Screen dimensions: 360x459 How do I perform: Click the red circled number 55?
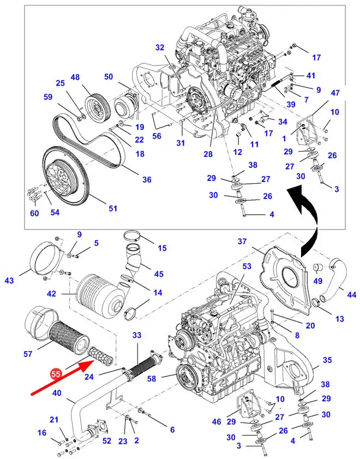(56, 375)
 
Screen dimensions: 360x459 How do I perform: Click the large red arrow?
(62, 378)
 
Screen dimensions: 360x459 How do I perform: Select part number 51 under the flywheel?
(113, 208)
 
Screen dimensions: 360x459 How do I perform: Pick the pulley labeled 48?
(96, 105)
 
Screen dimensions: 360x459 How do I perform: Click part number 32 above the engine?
(160, 47)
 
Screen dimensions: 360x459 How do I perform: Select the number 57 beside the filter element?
(28, 354)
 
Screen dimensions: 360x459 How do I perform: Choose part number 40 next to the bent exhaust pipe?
(57, 392)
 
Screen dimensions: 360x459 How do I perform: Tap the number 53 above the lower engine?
(247, 266)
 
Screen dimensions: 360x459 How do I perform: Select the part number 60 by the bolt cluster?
(34, 213)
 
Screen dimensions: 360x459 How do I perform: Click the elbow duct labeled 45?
(135, 260)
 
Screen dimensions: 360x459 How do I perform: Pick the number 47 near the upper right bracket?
(335, 93)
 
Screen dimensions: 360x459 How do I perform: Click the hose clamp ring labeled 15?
(132, 235)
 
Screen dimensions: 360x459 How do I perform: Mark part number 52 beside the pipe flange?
(107, 440)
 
